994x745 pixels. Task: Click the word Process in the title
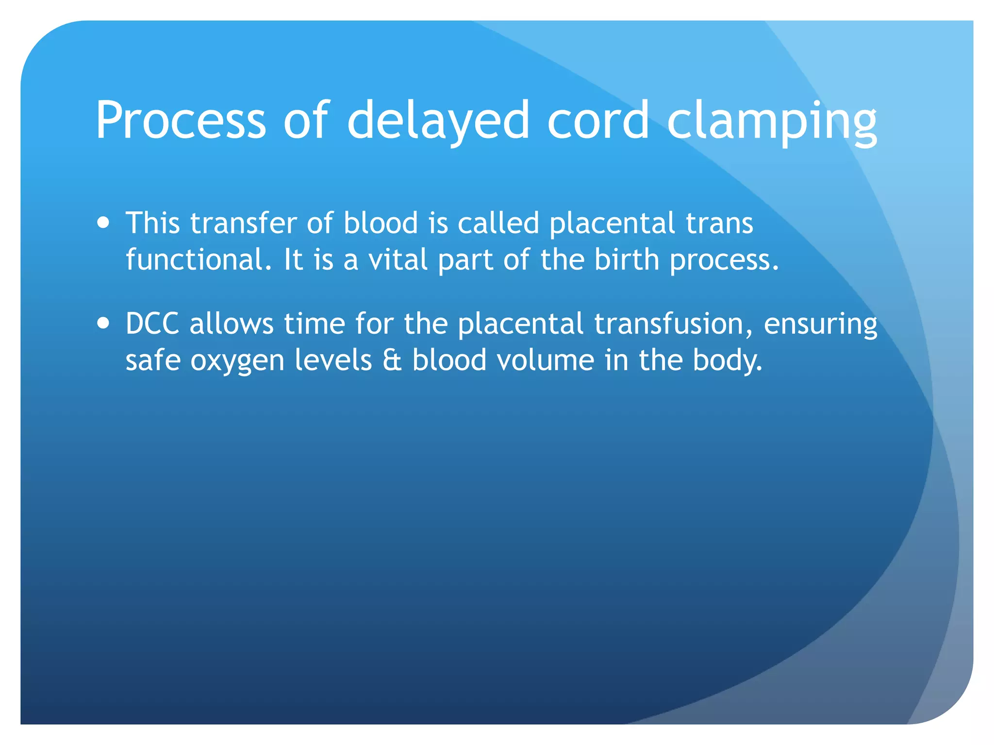[x=180, y=120]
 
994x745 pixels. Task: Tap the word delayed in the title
[x=438, y=120]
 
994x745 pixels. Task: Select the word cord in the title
[x=598, y=120]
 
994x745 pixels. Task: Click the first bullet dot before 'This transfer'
[x=103, y=223]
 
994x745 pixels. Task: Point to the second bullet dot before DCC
[x=103, y=323]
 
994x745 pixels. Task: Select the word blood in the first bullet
[x=381, y=223]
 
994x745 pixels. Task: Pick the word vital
[x=398, y=259]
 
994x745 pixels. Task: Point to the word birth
[x=627, y=259]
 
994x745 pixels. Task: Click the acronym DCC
[x=152, y=324]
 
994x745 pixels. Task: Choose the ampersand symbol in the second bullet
[x=392, y=360]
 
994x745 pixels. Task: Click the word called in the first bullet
[x=498, y=223]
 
